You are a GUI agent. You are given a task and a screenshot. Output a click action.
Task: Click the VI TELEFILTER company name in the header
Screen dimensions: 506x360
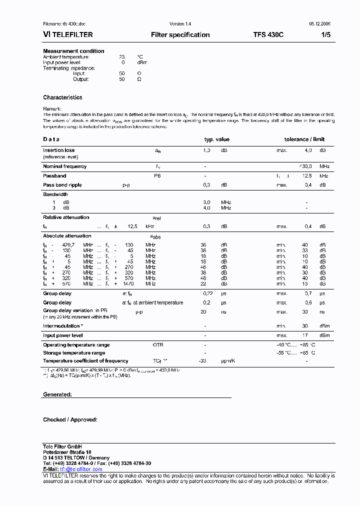pos(67,35)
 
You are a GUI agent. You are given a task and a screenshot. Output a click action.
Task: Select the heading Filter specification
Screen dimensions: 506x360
pos(180,35)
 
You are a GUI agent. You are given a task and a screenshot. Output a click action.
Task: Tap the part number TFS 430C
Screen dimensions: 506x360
pos(268,35)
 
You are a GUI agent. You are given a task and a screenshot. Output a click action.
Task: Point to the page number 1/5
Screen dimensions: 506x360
pos(325,35)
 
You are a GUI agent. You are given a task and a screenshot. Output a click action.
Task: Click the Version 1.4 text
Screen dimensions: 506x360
pos(180,24)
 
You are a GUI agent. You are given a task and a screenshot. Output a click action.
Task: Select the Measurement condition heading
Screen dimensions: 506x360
pos(73,51)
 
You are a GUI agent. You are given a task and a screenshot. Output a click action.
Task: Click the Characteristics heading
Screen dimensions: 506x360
pos(62,97)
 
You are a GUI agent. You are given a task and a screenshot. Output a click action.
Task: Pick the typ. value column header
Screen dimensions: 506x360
pos(216,139)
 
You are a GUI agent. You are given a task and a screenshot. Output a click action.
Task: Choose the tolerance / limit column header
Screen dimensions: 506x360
pos(304,139)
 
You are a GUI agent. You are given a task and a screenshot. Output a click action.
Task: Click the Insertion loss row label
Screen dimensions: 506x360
pos(58,150)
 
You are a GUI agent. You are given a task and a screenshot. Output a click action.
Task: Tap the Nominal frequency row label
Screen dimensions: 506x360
pos(64,166)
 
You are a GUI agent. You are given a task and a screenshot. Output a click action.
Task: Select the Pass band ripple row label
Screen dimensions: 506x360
pos(62,185)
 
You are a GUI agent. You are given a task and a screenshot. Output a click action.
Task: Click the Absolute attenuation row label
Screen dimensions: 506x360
pos(67,236)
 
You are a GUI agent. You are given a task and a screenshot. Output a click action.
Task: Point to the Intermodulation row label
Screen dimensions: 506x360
pos(63,326)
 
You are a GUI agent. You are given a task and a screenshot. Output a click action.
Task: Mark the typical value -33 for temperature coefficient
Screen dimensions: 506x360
pos(202,361)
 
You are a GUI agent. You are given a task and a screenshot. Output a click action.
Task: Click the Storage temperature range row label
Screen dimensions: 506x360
pos(74,353)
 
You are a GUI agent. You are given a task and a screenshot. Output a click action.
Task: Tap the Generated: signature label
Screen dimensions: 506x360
pos(57,394)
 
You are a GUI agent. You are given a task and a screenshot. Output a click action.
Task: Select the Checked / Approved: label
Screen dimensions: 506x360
pos(70,420)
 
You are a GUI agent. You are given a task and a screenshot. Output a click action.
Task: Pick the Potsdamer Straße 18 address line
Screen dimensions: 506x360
pos(67,452)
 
